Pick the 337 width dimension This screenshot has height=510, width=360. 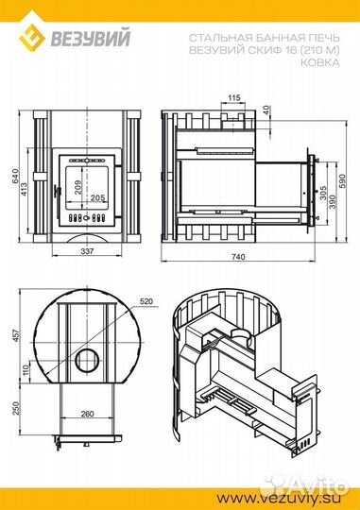[86, 252]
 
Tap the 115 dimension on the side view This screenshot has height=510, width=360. [234, 97]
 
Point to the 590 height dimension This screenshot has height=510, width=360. [344, 179]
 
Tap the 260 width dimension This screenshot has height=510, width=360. [86, 415]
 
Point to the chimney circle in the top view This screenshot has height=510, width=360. [87, 361]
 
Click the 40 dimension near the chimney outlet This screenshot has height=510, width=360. [267, 110]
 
